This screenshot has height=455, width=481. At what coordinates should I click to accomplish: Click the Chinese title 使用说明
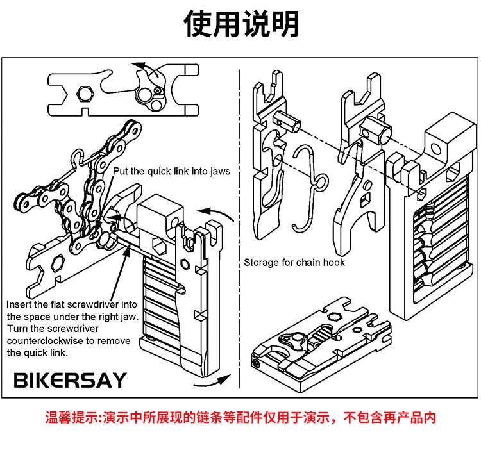coord(240,24)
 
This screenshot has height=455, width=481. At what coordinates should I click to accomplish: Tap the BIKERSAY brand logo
coord(71,379)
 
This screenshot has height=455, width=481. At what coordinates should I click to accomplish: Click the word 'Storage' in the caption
coord(261,262)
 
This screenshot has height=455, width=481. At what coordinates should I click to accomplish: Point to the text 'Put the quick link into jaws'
coord(171,171)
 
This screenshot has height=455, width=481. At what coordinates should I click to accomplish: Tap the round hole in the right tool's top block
coord(437,149)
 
